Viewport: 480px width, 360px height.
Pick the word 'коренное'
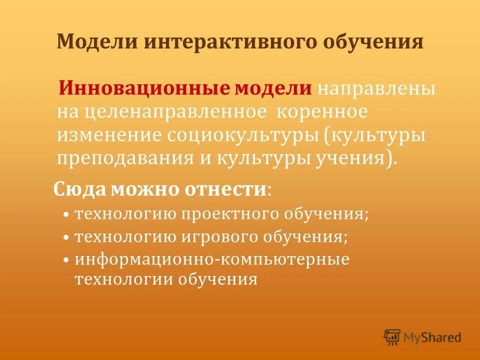click(x=321, y=111)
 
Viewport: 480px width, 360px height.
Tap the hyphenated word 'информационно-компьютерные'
click(x=212, y=259)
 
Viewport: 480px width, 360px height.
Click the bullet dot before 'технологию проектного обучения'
click(x=66, y=215)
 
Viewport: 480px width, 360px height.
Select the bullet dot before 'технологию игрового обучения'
click(x=66, y=237)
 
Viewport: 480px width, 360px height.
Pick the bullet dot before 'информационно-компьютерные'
click(x=66, y=260)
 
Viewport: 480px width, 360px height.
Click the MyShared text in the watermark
click(x=433, y=337)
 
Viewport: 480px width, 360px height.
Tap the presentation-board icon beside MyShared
click(x=392, y=337)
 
